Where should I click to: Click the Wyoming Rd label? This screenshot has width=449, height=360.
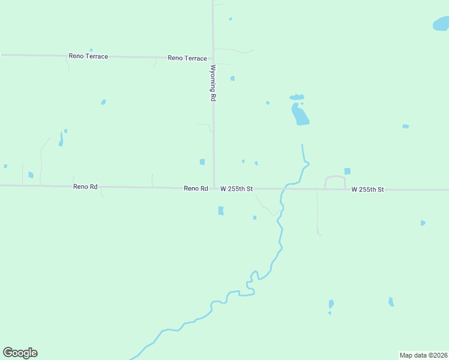click(212, 83)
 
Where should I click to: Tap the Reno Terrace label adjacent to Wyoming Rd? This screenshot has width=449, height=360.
click(187, 58)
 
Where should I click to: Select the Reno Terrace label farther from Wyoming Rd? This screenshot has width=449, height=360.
click(88, 56)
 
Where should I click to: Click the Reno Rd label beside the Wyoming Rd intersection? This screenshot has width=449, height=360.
click(196, 188)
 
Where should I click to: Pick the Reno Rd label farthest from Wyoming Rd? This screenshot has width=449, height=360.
click(85, 187)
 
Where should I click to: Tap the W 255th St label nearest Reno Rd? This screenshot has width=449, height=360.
click(237, 188)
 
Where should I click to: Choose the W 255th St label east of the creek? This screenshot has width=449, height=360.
click(367, 190)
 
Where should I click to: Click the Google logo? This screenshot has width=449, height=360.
click(20, 353)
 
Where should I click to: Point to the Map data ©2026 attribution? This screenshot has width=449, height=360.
click(423, 355)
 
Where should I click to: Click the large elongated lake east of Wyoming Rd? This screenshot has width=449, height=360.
click(300, 115)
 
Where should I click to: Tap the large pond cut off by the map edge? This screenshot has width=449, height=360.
click(441, 25)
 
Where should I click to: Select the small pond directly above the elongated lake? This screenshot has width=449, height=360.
click(297, 97)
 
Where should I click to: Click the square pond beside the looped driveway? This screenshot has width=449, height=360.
click(347, 171)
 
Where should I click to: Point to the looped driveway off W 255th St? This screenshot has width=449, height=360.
click(335, 178)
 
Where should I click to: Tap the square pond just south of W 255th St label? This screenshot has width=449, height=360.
click(221, 211)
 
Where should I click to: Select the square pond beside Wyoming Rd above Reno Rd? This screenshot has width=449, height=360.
click(202, 162)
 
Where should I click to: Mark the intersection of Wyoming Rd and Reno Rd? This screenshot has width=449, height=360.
click(214, 188)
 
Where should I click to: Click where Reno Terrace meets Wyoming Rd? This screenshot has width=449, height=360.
click(213, 59)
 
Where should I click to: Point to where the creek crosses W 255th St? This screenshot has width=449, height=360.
click(285, 188)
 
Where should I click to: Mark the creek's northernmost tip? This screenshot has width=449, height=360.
click(302, 145)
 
